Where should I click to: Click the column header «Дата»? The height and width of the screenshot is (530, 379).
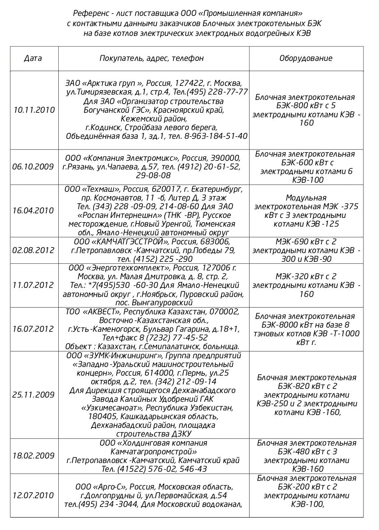tap(33, 58)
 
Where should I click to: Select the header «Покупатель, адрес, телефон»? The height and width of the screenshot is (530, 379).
tap(151, 58)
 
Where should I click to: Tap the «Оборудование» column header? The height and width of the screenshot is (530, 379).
tap(306, 58)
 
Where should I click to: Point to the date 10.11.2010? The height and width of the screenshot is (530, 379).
tap(34, 110)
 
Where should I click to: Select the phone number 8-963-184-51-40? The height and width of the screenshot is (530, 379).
tap(216, 136)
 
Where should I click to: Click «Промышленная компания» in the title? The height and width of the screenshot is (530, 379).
tap(250, 14)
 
